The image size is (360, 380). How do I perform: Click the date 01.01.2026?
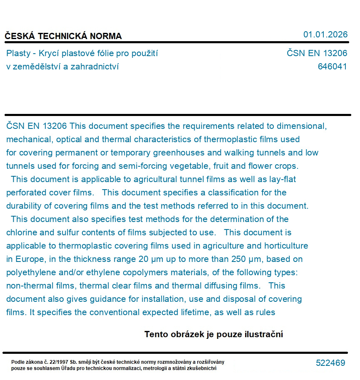pyautogui.click(x=325, y=35)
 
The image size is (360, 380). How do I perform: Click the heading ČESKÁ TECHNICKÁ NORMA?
pyautogui.click(x=63, y=36)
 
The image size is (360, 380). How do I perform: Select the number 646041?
pyautogui.click(x=332, y=67)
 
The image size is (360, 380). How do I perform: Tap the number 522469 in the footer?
pyautogui.click(x=330, y=363)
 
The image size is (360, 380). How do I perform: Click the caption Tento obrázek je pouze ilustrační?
pyautogui.click(x=214, y=334)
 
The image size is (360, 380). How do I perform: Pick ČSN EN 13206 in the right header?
pyautogui.click(x=317, y=53)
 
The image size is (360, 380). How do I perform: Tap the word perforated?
pyautogui.click(x=26, y=192)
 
